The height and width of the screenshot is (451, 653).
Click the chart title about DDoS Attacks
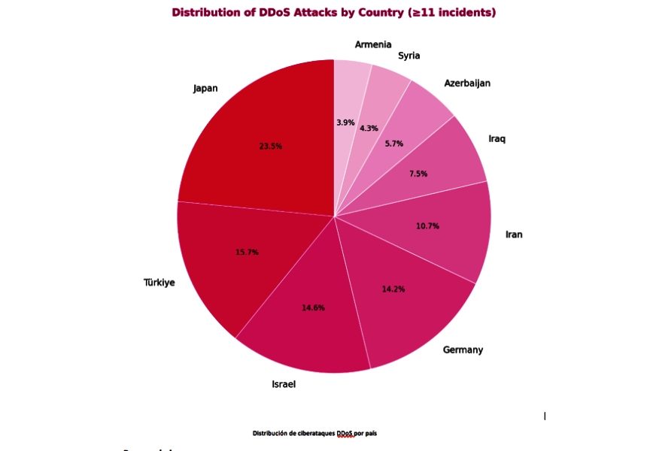(334, 13)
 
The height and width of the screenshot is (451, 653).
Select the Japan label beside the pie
(205, 89)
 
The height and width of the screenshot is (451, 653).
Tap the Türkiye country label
(159, 283)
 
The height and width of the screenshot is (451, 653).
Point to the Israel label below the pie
(284, 384)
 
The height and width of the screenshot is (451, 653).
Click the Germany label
(463, 350)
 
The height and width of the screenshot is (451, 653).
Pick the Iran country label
(514, 235)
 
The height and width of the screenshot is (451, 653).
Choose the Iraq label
(497, 139)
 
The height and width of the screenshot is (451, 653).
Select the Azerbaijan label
(467, 83)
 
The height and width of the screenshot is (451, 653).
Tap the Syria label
(409, 56)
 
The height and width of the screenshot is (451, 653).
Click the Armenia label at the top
(373, 45)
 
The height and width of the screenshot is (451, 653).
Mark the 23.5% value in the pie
(270, 147)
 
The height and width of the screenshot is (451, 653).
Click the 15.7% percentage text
(247, 253)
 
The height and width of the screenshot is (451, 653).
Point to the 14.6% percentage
(314, 308)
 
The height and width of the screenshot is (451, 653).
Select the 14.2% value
(392, 289)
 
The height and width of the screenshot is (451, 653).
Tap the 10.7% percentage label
(427, 226)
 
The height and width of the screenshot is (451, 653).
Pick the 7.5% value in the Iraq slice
(418, 174)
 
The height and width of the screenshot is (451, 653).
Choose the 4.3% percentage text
(369, 129)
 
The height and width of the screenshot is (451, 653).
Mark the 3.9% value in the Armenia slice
(346, 123)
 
